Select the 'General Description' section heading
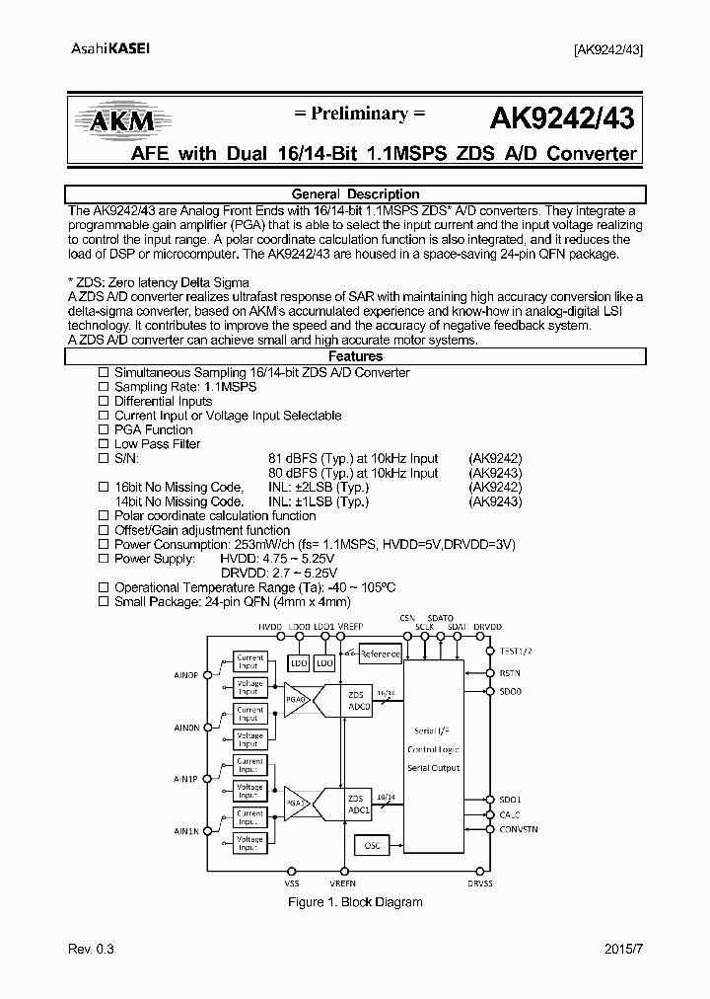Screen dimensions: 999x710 pyautogui.click(x=356, y=194)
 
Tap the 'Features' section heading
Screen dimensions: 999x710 pyautogui.click(x=356, y=356)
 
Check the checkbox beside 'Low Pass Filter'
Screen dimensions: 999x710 pyautogui.click(x=104, y=444)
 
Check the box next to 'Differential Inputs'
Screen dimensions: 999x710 pyautogui.click(x=104, y=402)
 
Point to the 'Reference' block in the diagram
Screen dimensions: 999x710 pyautogui.click(x=380, y=653)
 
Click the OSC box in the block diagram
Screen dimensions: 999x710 pyautogui.click(x=371, y=845)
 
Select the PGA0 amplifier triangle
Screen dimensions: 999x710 pyautogui.click(x=298, y=700)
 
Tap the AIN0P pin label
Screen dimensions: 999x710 pyautogui.click(x=186, y=675)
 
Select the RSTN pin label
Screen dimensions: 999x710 pyautogui.click(x=510, y=674)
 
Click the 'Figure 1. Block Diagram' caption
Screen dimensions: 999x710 pyautogui.click(x=355, y=902)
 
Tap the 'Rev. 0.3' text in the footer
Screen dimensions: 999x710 pyautogui.click(x=92, y=950)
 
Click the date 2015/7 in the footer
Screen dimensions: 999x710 pyautogui.click(x=621, y=950)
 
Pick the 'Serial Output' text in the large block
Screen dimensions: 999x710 pyautogui.click(x=433, y=767)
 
